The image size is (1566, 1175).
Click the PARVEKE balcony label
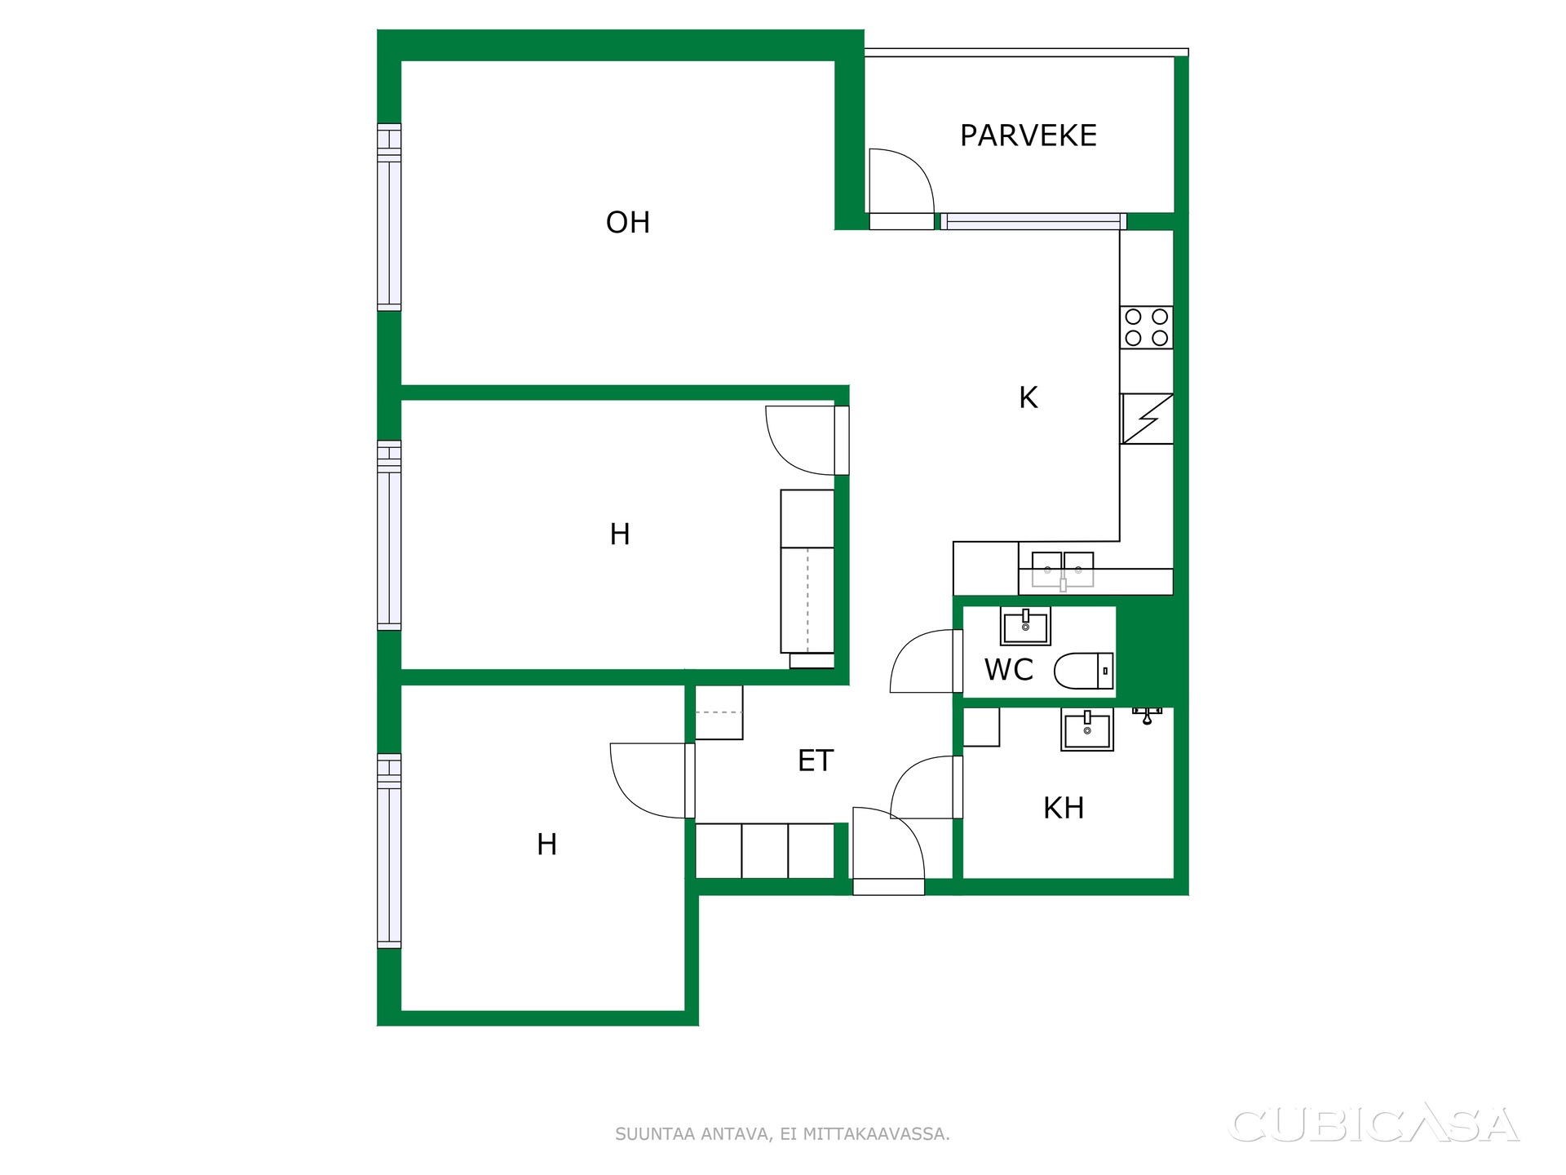(x=1028, y=135)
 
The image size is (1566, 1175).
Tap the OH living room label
(x=628, y=223)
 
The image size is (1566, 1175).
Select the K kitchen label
(x=1029, y=397)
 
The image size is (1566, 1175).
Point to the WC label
(x=1009, y=670)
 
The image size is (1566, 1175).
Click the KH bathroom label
(x=1064, y=808)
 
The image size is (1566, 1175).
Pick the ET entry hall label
(x=816, y=760)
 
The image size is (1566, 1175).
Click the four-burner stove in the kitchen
(x=1146, y=327)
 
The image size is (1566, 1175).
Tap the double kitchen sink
(x=1063, y=570)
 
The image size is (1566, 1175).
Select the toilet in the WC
(x=1084, y=671)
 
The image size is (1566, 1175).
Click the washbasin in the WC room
(x=1025, y=626)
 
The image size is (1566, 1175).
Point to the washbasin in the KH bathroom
(x=1087, y=729)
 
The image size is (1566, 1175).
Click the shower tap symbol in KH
(x=1147, y=716)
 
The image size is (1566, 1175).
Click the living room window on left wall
(x=389, y=217)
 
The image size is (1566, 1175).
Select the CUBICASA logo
(x=1374, y=1124)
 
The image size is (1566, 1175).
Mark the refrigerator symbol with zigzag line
(x=1147, y=419)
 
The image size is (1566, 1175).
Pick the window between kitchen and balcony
(x=1033, y=221)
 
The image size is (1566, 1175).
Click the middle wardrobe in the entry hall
(x=765, y=851)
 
